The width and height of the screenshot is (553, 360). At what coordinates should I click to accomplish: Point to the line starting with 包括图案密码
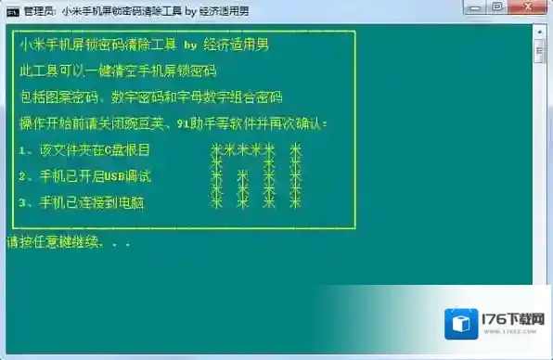coord(149,96)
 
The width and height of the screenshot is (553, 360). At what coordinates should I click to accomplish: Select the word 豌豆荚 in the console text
coord(137,122)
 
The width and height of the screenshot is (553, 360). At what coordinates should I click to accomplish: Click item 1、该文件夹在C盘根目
coord(84,149)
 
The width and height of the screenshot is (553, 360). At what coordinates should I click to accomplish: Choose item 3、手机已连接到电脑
coord(81,201)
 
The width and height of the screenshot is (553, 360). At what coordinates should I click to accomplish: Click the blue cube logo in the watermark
coord(461,323)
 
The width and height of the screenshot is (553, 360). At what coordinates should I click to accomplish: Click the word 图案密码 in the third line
coord(70,96)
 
